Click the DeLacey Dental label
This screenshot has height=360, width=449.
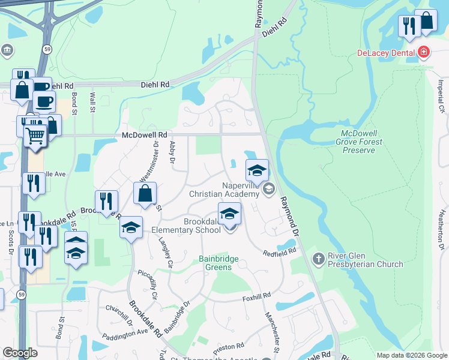coord(387,53)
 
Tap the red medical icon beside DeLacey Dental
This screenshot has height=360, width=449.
coord(424,53)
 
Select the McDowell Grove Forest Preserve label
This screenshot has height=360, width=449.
coord(361,142)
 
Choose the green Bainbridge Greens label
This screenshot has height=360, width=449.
coord(219,263)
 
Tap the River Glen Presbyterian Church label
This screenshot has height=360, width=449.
coord(365,260)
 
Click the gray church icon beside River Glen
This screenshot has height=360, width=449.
coord(319,256)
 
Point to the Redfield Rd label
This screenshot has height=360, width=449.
coord(280,253)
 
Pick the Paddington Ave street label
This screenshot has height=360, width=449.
coord(125,334)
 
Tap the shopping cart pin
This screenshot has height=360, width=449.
coord(35,136)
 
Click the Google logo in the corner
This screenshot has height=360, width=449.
coord(20,353)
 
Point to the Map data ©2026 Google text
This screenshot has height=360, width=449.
coord(411,355)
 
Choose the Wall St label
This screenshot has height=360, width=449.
coord(92,101)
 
